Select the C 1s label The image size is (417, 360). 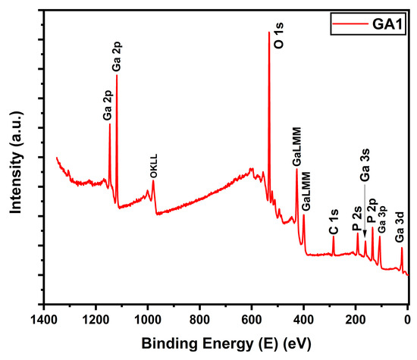333,221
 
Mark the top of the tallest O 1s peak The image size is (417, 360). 268,33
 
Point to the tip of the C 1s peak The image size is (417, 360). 333,237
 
